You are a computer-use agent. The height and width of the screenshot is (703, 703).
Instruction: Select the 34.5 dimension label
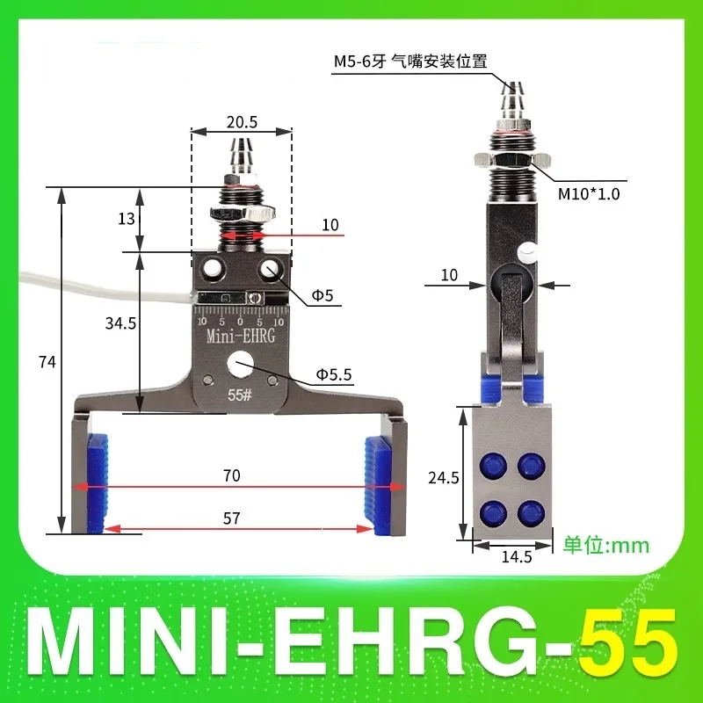click(121, 323)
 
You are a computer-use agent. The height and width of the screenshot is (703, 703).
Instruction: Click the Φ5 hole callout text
click(323, 297)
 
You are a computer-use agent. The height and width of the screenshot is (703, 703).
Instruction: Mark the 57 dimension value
click(232, 518)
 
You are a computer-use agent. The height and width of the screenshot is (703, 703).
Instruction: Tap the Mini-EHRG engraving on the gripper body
click(241, 337)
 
